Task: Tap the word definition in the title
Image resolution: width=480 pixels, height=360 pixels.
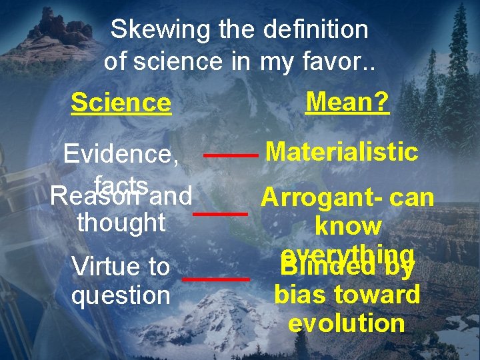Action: point(315,29)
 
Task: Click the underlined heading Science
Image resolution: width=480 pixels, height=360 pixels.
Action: point(121,103)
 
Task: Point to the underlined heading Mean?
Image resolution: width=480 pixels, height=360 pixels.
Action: point(347,102)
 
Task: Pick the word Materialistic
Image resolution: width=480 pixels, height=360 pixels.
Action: point(342,152)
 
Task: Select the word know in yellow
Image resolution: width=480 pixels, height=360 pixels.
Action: point(348,226)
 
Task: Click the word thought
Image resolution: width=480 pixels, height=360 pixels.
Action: point(121,222)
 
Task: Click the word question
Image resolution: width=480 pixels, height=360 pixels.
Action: point(121,295)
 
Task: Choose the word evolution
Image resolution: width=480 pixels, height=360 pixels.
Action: point(347,323)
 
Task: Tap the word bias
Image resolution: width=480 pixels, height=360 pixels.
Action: point(297,294)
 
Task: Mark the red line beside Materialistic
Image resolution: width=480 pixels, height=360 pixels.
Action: point(231,155)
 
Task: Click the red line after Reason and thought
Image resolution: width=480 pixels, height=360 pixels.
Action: point(220,213)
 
